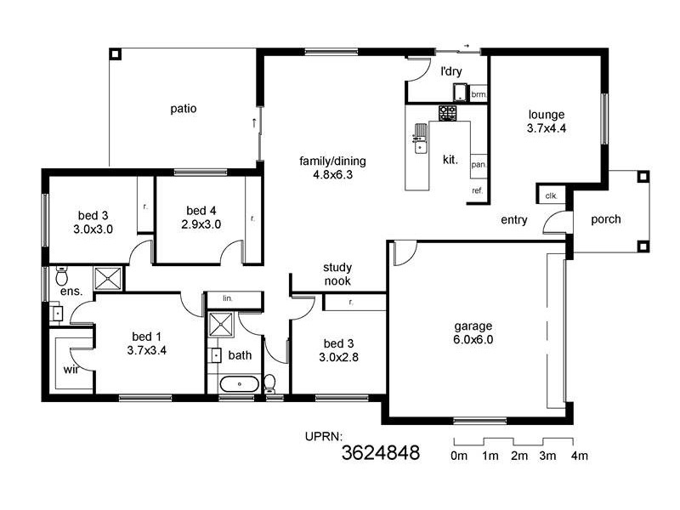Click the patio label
184,109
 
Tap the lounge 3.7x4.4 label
547,122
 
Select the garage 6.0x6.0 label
473,332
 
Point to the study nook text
337,275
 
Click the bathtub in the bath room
241,384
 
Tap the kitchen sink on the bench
420,139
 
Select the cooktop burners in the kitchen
448,112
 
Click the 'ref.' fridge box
478,191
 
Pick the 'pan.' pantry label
478,164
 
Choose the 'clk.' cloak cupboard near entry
551,196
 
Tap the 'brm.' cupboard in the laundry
479,95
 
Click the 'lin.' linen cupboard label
228,298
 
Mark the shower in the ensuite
108,279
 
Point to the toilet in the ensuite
61,276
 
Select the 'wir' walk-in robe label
71,370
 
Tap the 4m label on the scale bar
579,456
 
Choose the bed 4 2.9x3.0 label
201,218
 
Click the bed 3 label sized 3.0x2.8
339,350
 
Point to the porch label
606,219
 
